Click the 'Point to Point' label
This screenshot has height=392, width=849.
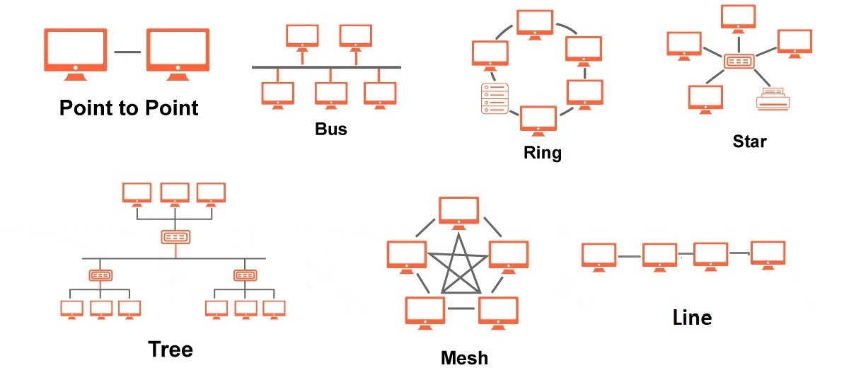[x=129, y=108]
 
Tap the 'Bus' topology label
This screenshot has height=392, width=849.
[x=330, y=130]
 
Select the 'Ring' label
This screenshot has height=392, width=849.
[x=542, y=152]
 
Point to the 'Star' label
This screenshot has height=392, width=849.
[x=750, y=142]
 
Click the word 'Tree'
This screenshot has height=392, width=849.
[x=170, y=349]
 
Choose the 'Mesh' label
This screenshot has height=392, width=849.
[x=464, y=357]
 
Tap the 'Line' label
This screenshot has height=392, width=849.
[x=692, y=318]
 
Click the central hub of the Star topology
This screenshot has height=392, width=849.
[x=740, y=62]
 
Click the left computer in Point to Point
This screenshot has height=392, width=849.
[x=75, y=50]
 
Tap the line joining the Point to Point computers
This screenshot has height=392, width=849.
[x=127, y=51]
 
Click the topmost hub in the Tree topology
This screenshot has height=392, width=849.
[x=174, y=236]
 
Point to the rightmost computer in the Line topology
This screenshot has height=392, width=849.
[x=768, y=253]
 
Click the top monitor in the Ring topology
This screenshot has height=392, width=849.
[x=534, y=23]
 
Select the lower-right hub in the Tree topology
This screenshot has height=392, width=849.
[x=245, y=275]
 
